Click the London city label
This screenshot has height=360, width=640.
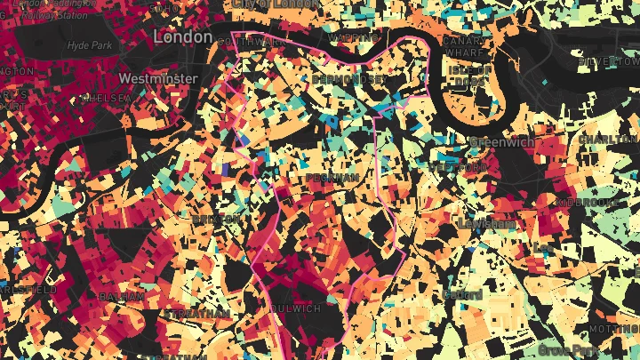[x=183, y=37]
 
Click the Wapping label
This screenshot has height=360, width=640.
[x=348, y=39]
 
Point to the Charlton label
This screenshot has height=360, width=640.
[x=609, y=140]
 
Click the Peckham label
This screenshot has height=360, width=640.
[x=332, y=178]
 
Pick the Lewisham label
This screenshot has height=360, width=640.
[x=486, y=224]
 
